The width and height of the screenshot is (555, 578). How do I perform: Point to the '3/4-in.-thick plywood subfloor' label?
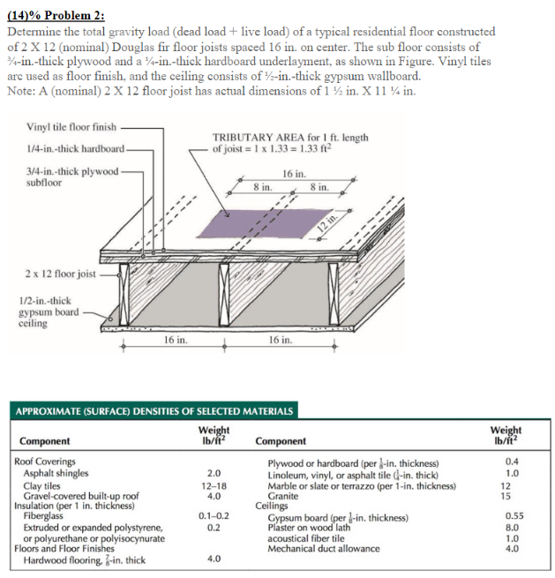tap(70, 177)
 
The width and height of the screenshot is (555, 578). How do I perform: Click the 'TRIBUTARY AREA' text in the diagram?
tap(254, 138)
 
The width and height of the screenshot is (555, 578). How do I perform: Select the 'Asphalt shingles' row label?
tap(56, 473)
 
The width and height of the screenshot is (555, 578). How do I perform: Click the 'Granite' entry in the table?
tap(286, 497)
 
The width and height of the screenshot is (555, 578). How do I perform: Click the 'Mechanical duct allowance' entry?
tap(323, 548)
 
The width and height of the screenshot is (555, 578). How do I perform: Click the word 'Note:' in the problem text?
tap(21, 92)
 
